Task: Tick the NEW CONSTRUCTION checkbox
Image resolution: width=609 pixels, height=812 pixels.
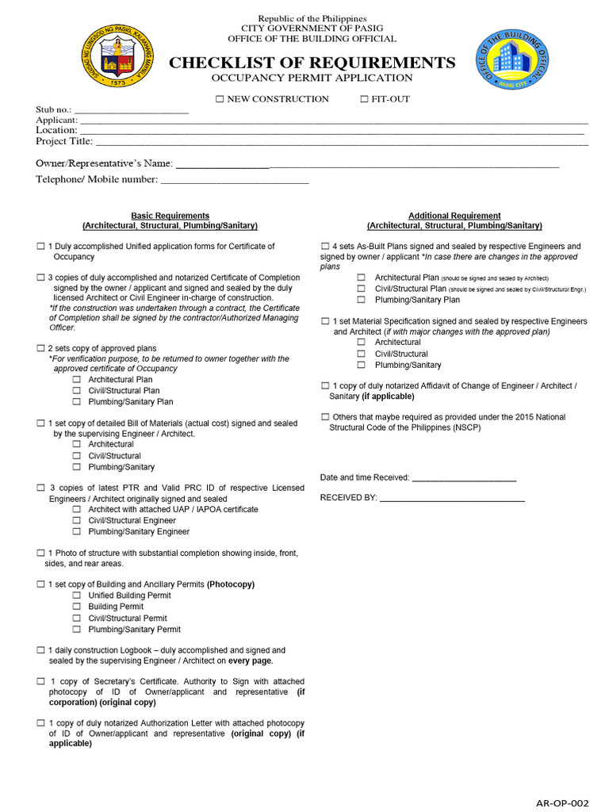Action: pos(220,99)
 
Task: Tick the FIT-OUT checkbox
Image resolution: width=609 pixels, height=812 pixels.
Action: pos(365,99)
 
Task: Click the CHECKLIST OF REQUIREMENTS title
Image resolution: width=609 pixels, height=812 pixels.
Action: pos(312,63)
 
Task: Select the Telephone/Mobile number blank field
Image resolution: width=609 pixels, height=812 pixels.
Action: pos(234,180)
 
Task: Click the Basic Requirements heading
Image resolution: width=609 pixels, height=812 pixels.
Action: pos(170,216)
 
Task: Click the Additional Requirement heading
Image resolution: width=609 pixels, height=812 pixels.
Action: pos(454,216)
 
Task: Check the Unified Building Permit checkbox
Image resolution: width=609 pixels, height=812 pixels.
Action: pos(77,596)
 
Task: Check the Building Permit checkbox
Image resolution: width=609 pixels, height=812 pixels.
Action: pos(77,607)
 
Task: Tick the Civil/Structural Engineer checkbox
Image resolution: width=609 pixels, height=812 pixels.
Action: pos(77,521)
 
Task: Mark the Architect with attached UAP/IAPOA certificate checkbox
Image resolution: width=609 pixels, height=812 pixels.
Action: pos(77,510)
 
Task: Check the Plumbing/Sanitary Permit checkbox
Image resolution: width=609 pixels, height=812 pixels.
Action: pos(77,630)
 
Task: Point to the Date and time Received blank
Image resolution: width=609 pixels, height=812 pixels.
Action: pos(464,478)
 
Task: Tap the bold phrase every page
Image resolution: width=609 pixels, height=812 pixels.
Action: pos(251,661)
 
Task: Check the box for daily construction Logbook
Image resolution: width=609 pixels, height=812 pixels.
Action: pos(40,650)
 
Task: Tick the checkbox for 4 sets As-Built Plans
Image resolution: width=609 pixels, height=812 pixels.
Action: pos(325,247)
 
